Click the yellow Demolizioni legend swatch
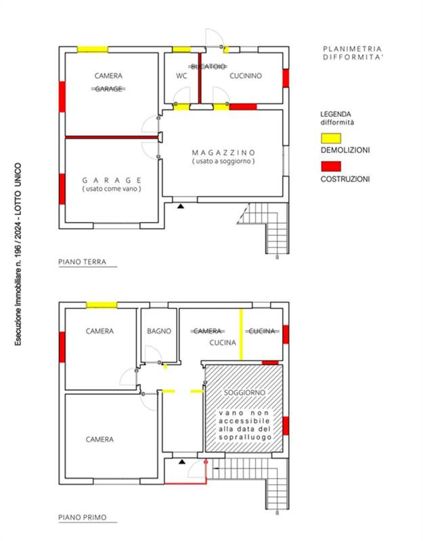(331, 139)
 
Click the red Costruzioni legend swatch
(331, 166)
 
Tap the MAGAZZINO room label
(223, 153)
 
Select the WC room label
(181, 76)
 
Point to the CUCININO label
(246, 76)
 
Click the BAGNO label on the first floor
(159, 331)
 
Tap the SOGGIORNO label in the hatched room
(244, 393)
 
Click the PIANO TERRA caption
(82, 262)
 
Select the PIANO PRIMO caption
(82, 517)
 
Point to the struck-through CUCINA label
(262, 331)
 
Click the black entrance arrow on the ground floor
(181, 206)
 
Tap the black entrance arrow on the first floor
(182, 462)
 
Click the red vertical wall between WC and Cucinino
(200, 78)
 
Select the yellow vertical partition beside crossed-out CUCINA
(241, 335)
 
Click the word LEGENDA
(336, 114)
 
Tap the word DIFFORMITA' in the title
(353, 57)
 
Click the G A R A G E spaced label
(112, 181)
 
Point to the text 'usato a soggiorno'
(223, 161)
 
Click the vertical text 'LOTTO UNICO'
(18, 189)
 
